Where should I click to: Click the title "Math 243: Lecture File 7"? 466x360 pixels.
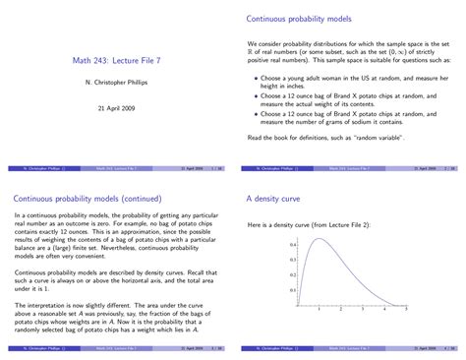117,61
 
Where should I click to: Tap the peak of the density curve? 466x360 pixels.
320,239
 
